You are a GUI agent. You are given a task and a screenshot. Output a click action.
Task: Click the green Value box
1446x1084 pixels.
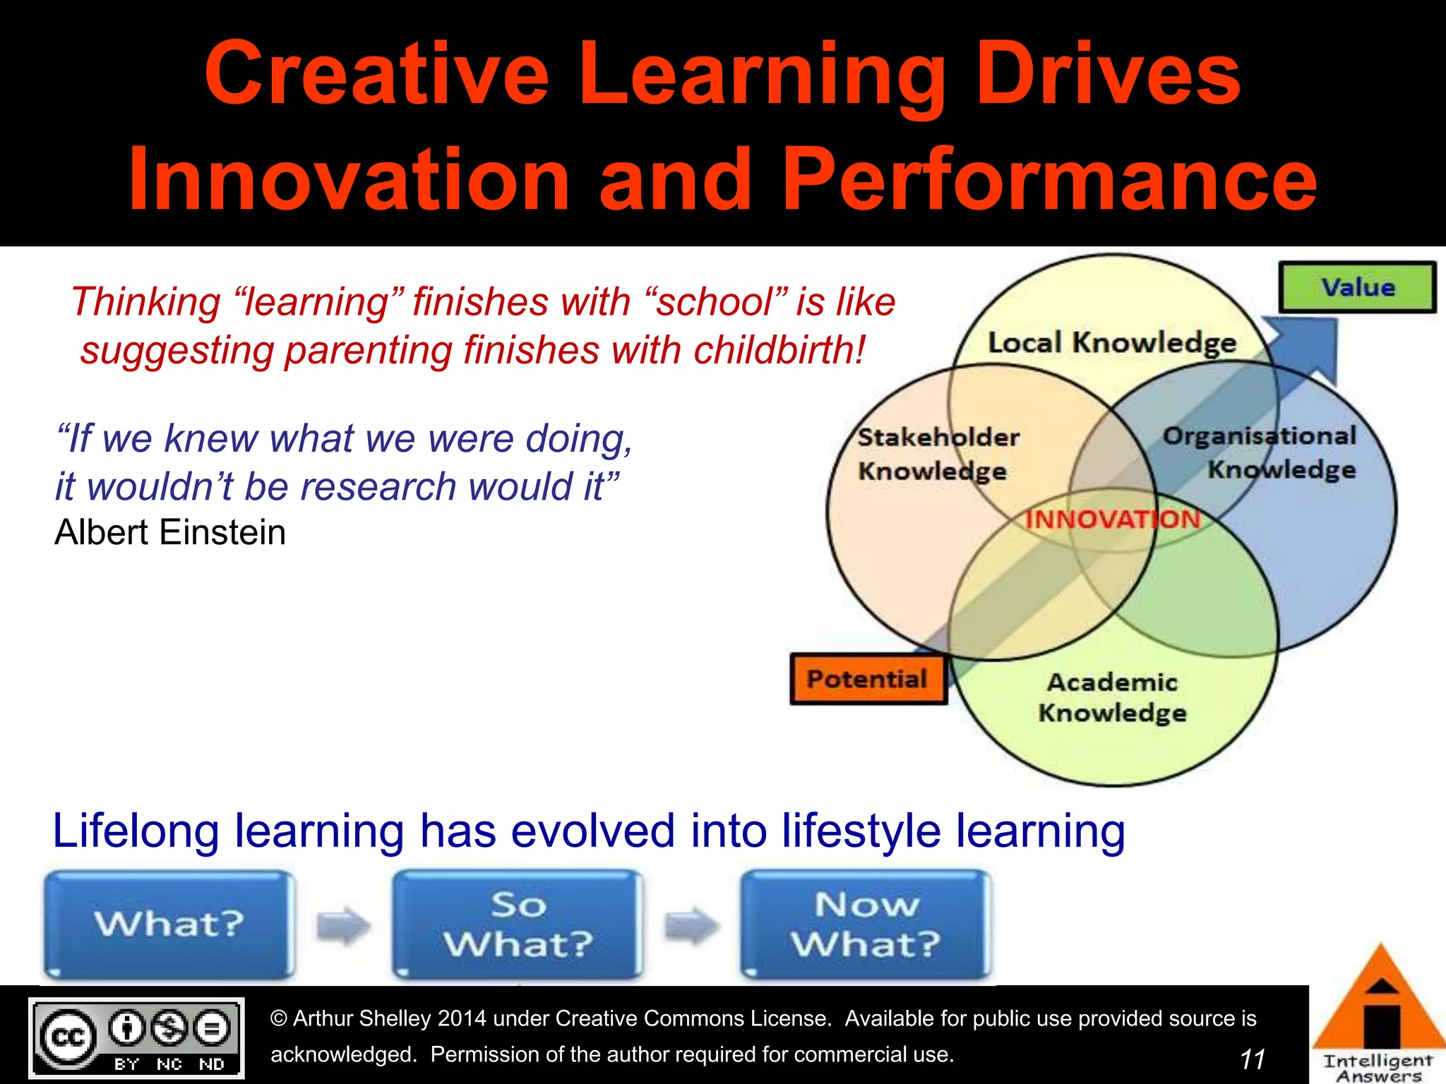[x=1357, y=287]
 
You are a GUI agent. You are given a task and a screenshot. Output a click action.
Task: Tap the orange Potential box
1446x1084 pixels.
[x=868, y=679]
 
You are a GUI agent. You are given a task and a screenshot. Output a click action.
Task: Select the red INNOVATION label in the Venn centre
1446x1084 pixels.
[x=1113, y=519]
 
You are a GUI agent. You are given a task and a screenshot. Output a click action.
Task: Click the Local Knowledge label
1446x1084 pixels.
[x=1111, y=343]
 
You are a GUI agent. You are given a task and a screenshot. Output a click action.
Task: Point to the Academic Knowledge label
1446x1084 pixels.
[x=1112, y=697]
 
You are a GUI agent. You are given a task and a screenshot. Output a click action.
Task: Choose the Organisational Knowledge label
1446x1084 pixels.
[x=1261, y=452]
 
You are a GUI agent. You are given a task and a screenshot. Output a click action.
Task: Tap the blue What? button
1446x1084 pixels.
[x=169, y=924]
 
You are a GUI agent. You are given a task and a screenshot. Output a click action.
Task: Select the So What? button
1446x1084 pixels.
[x=518, y=924]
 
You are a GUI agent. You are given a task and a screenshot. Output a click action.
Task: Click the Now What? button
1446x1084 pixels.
[x=866, y=924]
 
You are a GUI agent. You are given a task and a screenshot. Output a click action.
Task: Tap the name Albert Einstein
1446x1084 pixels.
[x=170, y=532]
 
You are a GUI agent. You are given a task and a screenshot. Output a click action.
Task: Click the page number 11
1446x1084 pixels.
[x=1252, y=1059]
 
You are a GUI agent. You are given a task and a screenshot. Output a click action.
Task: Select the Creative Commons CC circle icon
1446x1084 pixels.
[x=68, y=1037]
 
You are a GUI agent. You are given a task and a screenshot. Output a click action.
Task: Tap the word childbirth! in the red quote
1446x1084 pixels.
[x=779, y=350]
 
